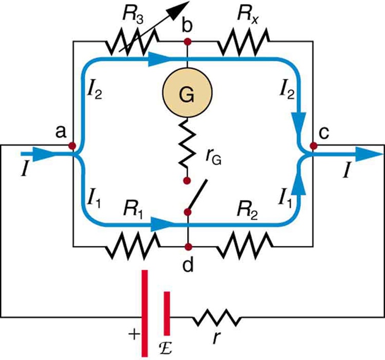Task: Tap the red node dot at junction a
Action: coord(72,145)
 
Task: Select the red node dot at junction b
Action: coord(187,41)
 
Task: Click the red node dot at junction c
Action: coord(312,145)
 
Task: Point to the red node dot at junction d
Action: coord(188,246)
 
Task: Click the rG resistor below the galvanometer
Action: coord(187,146)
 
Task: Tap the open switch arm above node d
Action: coord(197,195)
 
